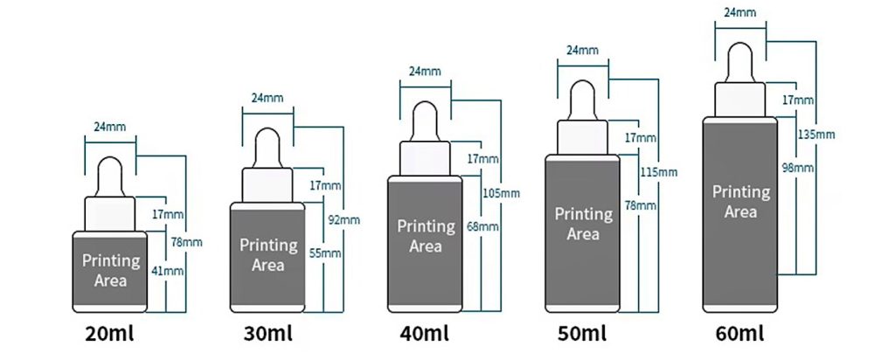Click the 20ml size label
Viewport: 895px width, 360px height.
pos(109,334)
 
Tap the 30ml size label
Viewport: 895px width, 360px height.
pos(267,334)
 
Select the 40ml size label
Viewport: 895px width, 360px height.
pos(424,334)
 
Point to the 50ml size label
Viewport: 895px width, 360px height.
pos(582,334)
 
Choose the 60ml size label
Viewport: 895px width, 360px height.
pos(739,334)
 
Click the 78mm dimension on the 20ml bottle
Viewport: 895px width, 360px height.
pos(187,242)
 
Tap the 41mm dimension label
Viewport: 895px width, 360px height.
pos(168,271)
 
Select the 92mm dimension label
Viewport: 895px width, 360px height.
pos(344,219)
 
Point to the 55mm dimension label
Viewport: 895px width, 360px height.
pos(325,253)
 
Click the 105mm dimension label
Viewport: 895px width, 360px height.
pos(501,193)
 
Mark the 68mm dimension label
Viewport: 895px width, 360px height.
pos(482,227)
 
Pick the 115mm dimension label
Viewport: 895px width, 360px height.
pos(659,172)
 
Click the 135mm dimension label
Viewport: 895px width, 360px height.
pos(816,135)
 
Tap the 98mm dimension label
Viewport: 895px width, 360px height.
pos(797,169)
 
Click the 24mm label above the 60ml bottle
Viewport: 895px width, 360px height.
pos(740,12)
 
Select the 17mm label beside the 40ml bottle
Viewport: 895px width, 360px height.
pos(482,159)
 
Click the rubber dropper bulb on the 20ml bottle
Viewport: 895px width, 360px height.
pos(110,177)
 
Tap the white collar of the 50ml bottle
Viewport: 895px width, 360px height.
pos(582,137)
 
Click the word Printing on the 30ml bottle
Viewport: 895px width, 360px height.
pos(268,246)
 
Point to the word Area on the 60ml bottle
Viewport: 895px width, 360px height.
pos(740,212)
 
